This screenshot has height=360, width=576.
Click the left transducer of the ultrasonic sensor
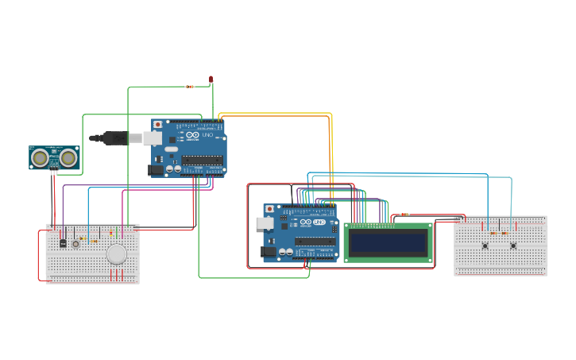39,158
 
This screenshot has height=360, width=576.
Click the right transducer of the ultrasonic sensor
68,158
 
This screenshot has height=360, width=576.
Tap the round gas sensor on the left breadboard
117,254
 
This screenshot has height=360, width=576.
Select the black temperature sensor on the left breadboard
63,243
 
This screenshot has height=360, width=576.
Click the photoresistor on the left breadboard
75,243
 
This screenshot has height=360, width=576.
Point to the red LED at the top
211,79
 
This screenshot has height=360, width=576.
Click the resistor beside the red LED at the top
189,87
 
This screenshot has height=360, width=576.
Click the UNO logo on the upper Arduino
207,136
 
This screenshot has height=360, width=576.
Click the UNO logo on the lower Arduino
319,223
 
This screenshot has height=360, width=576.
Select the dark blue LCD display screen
388,242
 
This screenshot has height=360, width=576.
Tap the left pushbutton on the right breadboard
485,246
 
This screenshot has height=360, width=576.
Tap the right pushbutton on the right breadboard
512,246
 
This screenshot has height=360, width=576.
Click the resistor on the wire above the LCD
405,215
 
